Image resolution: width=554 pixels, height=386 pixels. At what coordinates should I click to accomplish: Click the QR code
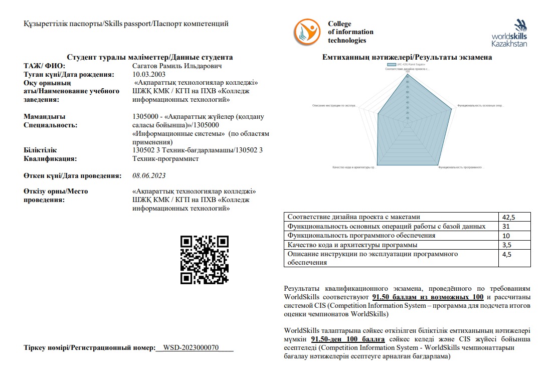204,260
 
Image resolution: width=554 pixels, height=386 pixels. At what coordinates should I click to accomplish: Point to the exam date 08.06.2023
149,175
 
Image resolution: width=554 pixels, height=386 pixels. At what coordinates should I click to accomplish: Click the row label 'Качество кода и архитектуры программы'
352,245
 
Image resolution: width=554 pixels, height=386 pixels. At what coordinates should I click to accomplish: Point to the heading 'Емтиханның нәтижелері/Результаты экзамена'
407,57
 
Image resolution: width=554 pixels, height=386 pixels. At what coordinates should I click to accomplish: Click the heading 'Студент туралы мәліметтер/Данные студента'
150,57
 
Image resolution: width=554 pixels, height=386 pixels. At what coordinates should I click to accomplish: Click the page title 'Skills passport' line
126,24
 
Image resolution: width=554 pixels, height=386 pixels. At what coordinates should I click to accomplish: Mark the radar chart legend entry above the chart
407,65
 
